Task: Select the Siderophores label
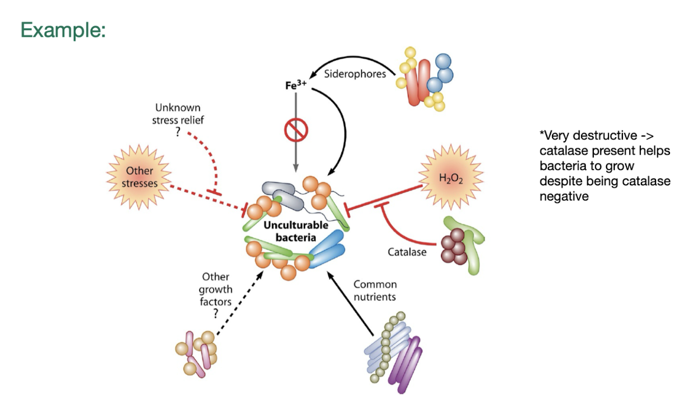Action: pos(355,74)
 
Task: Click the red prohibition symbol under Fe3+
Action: pos(296,130)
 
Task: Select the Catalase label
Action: pos(407,252)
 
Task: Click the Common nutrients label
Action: pos(375,291)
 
